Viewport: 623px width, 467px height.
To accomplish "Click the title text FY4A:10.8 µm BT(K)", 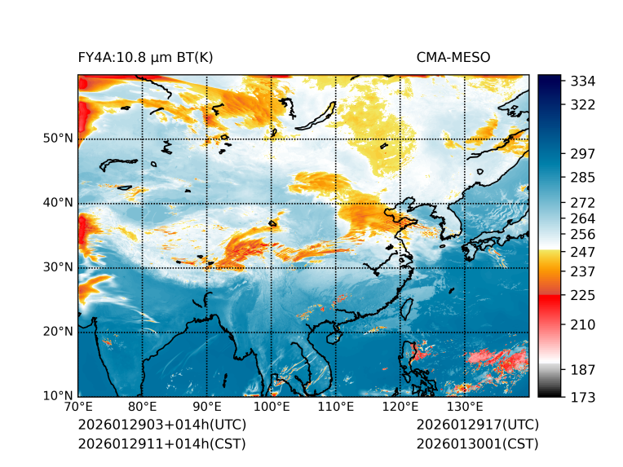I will coord(145,58).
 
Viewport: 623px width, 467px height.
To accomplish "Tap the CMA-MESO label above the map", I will coord(453,58).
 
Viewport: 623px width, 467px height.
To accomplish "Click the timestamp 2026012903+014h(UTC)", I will coord(161,425).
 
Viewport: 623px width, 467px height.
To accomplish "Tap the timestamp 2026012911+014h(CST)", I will coord(161,444).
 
